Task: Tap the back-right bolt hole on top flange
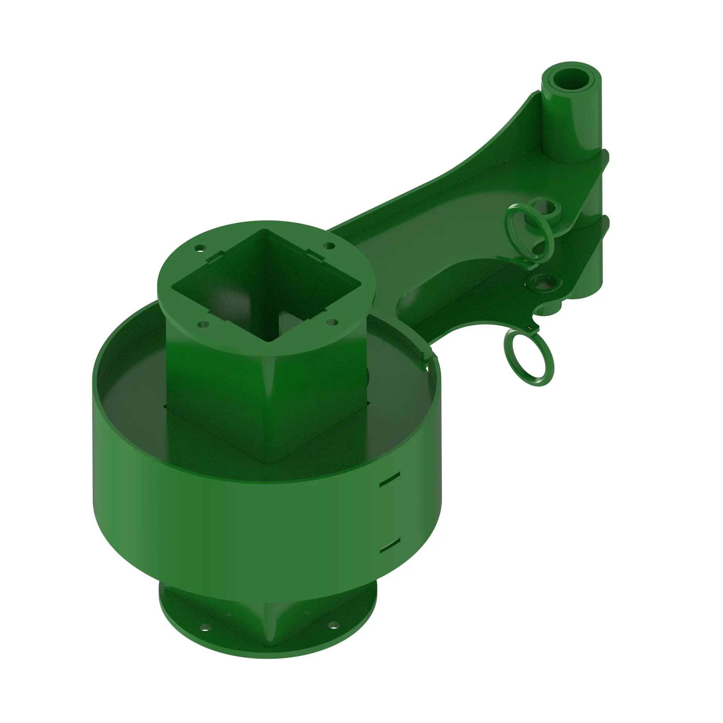(329, 245)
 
